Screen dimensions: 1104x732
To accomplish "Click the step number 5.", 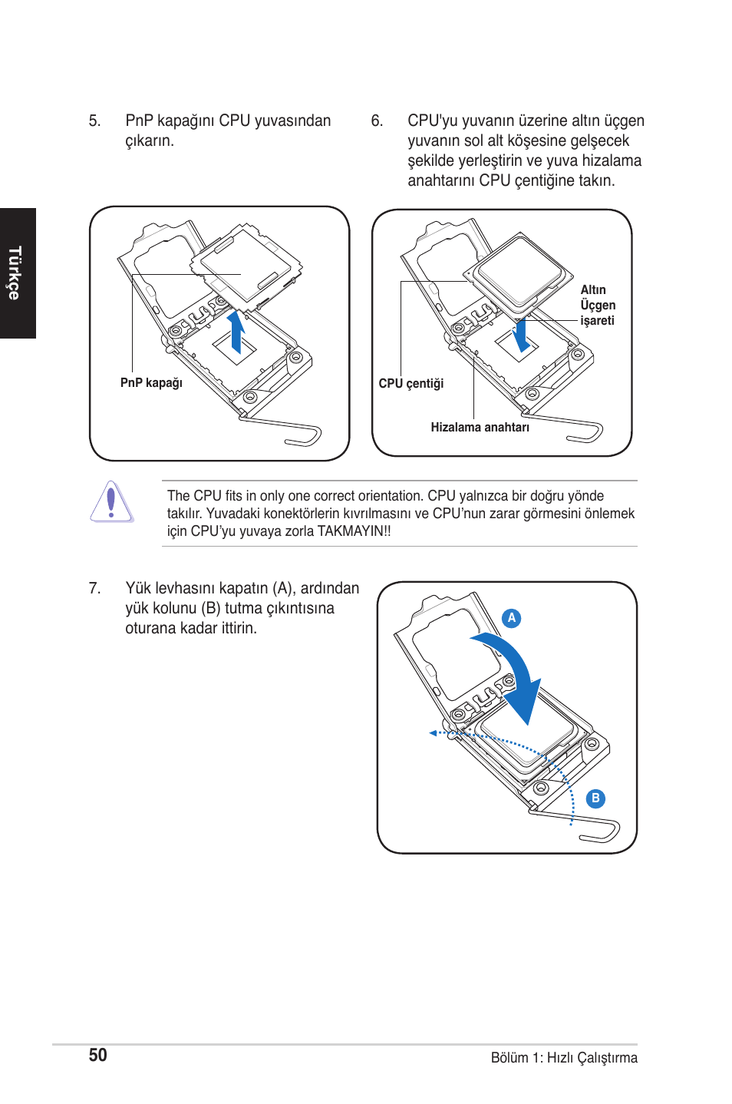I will [x=94, y=121].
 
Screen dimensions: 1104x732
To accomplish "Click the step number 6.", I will [x=377, y=121].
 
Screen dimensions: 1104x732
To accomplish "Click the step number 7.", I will [x=94, y=589].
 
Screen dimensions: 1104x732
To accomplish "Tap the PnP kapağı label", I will [x=151, y=383].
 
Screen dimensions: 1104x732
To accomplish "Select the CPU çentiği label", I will [x=411, y=384].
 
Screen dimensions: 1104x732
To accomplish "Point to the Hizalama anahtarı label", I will [x=480, y=428].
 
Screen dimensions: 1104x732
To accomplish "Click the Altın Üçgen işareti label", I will [x=597, y=306].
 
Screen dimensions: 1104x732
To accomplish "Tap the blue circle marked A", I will [x=512, y=618].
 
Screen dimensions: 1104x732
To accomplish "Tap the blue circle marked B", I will [x=595, y=798].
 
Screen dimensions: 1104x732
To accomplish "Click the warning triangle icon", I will [x=111, y=502].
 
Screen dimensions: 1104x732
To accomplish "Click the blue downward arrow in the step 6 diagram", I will [x=521, y=335].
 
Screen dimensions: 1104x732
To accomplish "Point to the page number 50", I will [x=97, y=1056].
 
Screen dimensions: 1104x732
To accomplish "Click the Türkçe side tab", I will [x=15, y=273].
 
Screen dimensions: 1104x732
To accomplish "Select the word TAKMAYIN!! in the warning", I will [x=354, y=531].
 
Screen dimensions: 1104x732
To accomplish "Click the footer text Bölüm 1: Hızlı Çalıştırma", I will [x=563, y=1058].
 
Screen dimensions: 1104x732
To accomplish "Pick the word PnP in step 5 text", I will [x=139, y=121].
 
